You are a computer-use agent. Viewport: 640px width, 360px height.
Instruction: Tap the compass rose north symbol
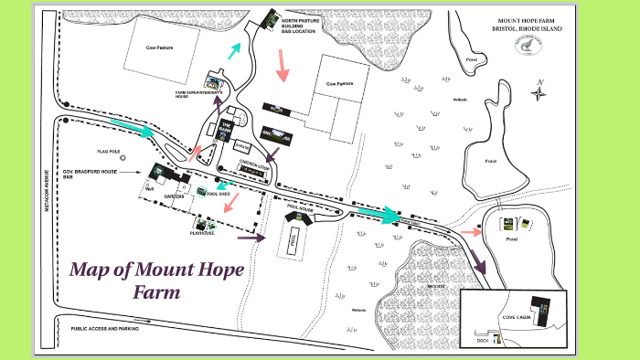[x=540, y=89]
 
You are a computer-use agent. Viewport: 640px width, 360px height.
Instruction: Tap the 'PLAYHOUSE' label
[x=202, y=233]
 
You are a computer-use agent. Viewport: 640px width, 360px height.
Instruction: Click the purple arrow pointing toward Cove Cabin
[x=478, y=259]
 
